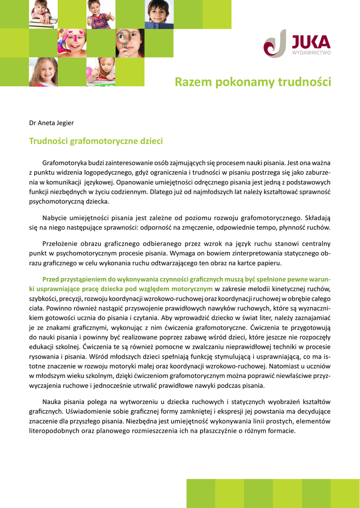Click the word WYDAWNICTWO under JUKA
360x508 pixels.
pos(311,53)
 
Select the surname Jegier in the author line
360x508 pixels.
pos(65,123)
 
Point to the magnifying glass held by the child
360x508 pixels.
pos(124,37)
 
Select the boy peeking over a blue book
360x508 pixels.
pos(159,14)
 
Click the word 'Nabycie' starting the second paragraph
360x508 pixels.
pos(55,217)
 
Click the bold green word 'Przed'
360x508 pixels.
pos(51,279)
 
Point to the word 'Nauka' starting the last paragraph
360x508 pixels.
pos(52,401)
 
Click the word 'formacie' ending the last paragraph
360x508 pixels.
pos(281,430)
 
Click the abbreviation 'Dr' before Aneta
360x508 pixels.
pos(33,123)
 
